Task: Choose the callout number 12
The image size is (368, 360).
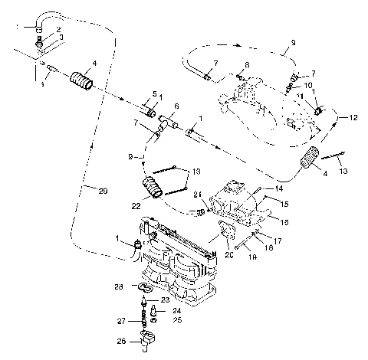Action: coord(353,118)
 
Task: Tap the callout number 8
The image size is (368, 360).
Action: coord(247,65)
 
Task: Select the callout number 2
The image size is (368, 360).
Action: coord(58,29)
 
